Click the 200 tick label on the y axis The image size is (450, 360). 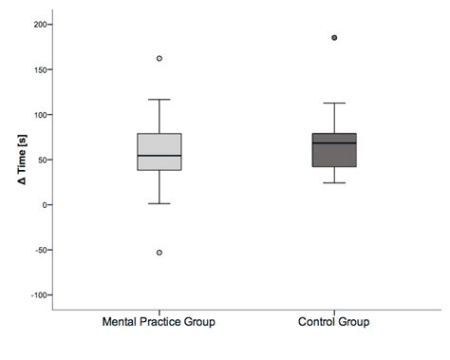pos(37,24)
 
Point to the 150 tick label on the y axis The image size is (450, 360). pos(37,69)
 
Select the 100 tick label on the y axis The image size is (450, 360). pos(37,115)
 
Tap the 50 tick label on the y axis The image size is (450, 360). pos(40,160)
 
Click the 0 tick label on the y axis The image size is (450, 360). pos(43,205)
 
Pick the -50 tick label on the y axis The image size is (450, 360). pos(38,251)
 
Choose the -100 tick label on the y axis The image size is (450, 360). pos(35,295)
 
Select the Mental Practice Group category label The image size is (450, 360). pos(159,322)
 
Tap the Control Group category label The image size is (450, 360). pos(333,322)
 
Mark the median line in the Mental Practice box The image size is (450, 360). pos(159,156)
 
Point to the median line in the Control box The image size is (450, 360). pos(333,142)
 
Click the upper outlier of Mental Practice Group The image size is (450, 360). pos(159,59)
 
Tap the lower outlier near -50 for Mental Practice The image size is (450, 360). pos(159,253)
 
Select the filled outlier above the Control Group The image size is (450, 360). pos(333,38)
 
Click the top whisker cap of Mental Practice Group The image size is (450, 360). pos(159,100)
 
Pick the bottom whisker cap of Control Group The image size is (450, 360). pos(333,182)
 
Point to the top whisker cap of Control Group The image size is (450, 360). pos(333,103)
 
